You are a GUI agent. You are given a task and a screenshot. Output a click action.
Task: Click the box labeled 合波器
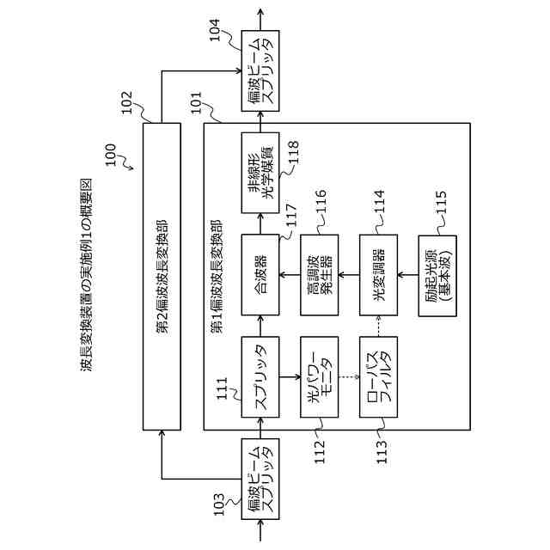click(x=260, y=266)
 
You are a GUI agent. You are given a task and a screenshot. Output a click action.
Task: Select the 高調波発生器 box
click(x=319, y=266)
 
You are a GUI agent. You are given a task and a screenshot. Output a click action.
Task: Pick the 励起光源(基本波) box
click(x=437, y=276)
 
